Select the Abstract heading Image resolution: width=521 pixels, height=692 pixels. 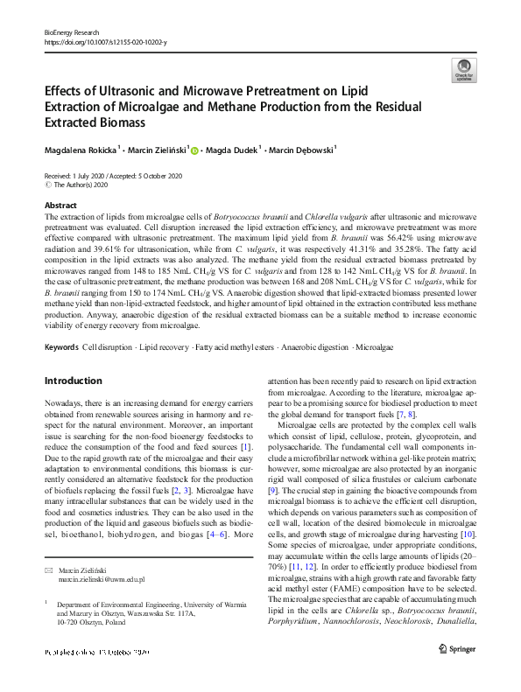[60, 204]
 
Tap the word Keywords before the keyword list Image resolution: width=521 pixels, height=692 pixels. [61, 347]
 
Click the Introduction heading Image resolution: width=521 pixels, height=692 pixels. [73, 381]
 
